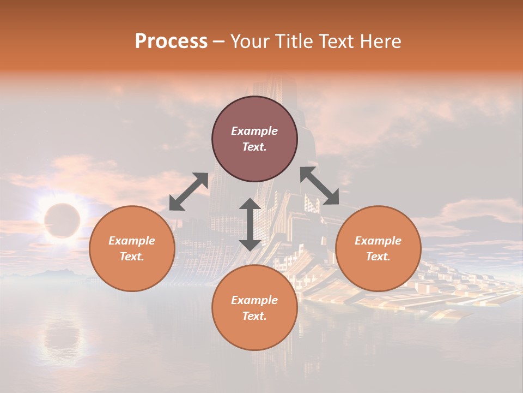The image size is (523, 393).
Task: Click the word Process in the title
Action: tap(171, 41)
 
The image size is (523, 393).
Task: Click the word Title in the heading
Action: tap(294, 41)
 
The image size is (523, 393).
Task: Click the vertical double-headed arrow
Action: tap(250, 224)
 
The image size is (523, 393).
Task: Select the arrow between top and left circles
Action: tap(188, 192)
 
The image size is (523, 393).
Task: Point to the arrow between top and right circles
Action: tap(319, 186)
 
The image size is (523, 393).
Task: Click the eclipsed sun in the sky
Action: tap(62, 221)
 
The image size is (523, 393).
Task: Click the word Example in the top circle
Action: tap(254, 131)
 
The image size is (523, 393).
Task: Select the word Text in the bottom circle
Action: tap(254, 316)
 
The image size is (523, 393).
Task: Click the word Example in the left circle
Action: tap(132, 241)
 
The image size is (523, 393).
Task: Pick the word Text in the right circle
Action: tap(378, 257)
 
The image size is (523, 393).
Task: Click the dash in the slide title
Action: tap(218, 41)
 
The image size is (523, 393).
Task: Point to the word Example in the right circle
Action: tap(378, 241)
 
